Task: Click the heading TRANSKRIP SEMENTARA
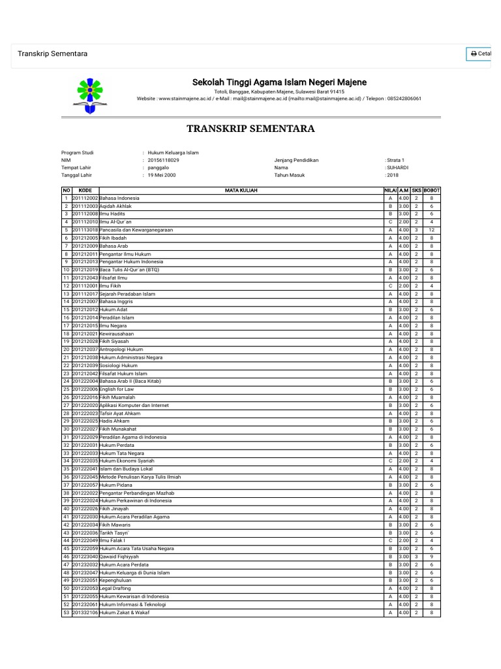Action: (x=250, y=128)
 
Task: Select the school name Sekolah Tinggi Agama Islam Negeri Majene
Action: (x=279, y=82)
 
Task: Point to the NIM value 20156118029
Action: (x=164, y=160)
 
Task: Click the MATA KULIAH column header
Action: (x=241, y=190)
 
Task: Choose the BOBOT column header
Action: (x=432, y=190)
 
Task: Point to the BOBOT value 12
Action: (x=432, y=230)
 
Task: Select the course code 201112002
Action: (x=85, y=198)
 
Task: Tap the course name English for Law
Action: (x=117, y=389)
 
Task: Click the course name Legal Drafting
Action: (x=115, y=589)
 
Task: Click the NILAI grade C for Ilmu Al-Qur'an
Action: (x=390, y=222)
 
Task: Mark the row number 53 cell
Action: (x=66, y=613)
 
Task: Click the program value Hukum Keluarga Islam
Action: (x=174, y=153)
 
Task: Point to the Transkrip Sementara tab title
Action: (x=53, y=54)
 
